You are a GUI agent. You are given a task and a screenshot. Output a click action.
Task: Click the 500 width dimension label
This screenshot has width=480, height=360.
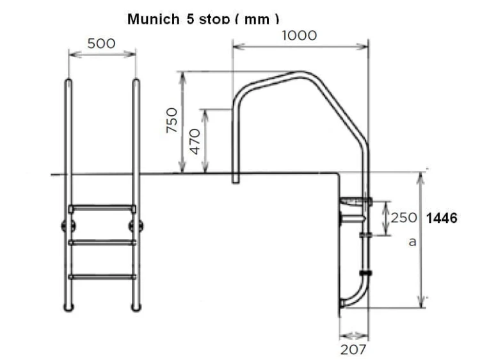(x=101, y=44)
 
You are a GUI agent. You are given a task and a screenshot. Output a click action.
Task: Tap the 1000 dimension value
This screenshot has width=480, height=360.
(x=300, y=35)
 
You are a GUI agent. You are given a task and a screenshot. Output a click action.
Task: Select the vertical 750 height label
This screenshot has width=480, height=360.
(x=172, y=120)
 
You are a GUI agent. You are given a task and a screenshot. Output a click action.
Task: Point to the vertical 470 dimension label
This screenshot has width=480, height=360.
(x=195, y=141)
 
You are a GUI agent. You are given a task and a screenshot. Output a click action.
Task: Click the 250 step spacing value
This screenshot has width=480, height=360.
(x=404, y=218)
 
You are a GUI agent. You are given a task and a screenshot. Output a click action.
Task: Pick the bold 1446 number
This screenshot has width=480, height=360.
(x=442, y=218)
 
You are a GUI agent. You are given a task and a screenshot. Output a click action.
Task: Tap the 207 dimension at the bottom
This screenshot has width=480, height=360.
(x=353, y=349)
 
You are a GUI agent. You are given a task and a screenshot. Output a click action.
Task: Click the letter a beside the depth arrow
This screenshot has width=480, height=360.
(x=413, y=242)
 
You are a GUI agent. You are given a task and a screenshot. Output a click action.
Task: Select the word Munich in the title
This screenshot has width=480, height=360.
(x=154, y=19)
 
